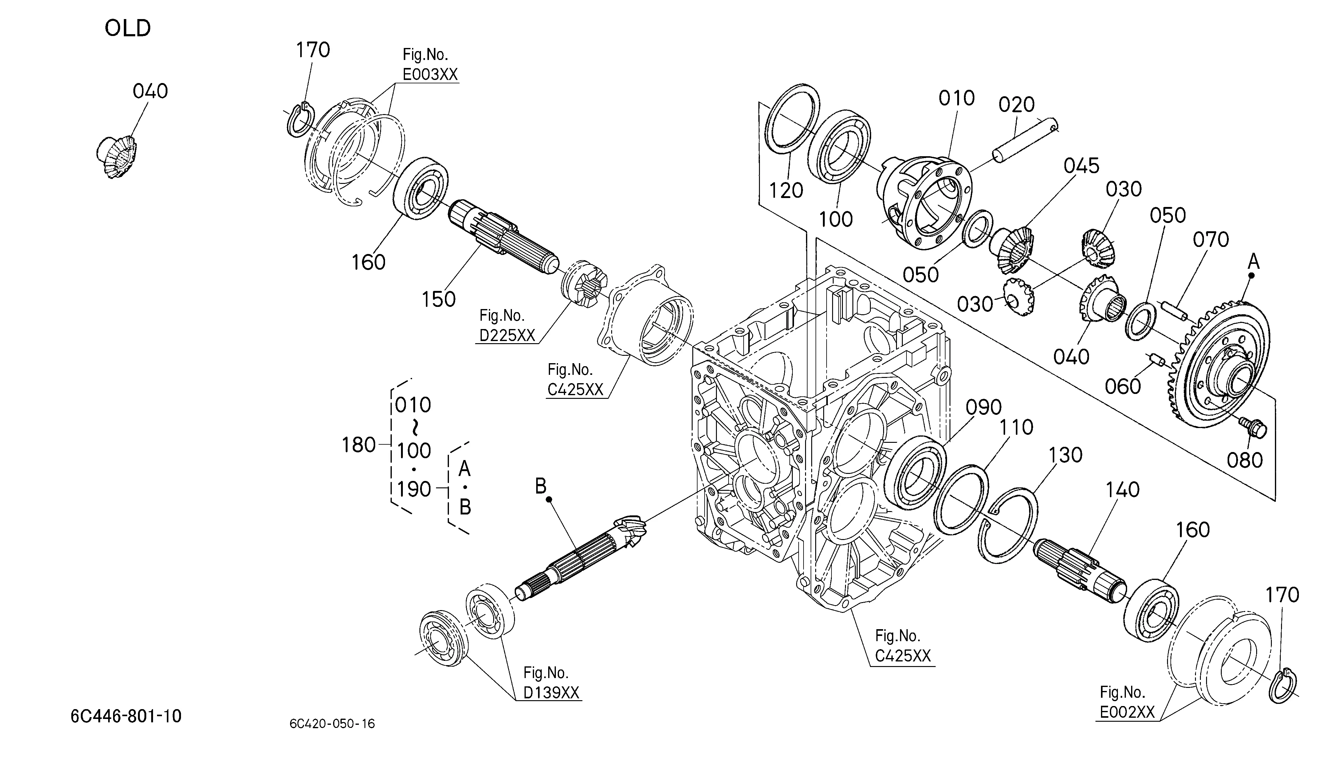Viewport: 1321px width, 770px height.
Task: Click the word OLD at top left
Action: [128, 28]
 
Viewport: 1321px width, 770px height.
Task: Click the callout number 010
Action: [957, 98]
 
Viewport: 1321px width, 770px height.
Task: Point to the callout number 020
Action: [1016, 105]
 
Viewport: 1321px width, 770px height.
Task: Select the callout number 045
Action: [1081, 166]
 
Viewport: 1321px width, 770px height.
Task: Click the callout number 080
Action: [1244, 461]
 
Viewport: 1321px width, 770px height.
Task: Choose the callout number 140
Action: [1123, 490]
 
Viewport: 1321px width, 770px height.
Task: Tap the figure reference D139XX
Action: [552, 693]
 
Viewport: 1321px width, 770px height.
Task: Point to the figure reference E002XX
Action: [1127, 712]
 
